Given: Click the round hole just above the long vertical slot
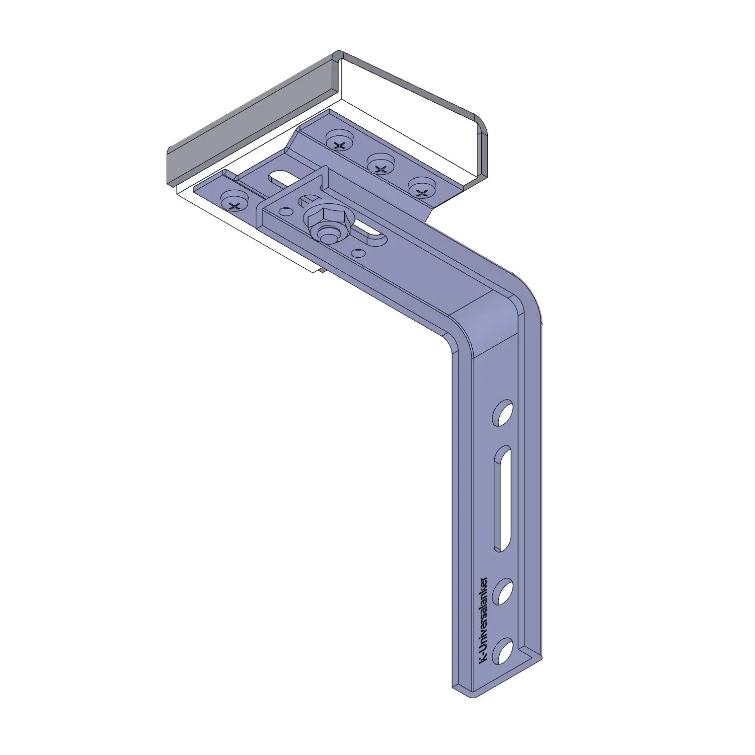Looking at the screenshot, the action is pos(503,414).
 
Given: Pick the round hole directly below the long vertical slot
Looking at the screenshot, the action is pos(503,592).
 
